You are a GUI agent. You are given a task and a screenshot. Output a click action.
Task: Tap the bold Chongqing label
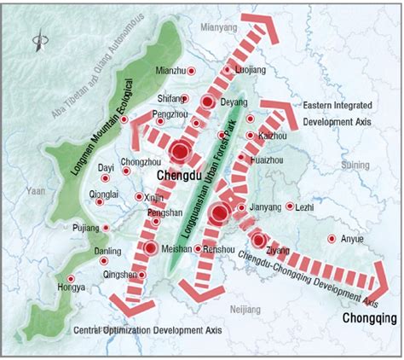(369, 318)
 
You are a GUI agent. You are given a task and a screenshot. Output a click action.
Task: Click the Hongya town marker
(71, 279)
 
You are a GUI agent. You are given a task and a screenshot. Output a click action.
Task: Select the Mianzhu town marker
(191, 72)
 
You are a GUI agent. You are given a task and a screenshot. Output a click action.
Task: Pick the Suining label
(355, 164)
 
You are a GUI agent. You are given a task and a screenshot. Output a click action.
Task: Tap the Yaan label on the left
(37, 191)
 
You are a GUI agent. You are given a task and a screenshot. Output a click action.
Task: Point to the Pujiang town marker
(106, 229)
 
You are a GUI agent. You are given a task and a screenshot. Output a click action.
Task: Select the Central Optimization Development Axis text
(135, 328)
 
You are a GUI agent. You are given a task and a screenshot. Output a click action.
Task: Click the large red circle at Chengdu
(180, 153)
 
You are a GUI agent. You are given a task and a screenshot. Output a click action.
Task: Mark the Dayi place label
(107, 169)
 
